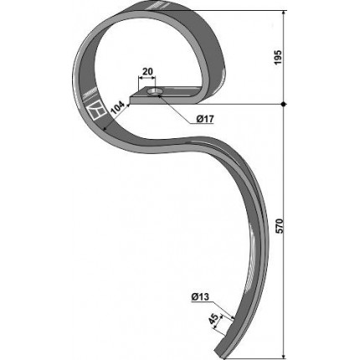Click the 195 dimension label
pos(278,58)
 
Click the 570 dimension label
pos(280,226)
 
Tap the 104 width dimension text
pos(117,108)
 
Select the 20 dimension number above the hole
pos(147,71)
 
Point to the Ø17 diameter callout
pos(205,119)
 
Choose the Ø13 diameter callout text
pos(200,297)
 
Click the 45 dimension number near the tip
pos(213,318)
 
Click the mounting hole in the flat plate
pos(152,91)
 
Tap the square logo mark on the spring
pos(95,111)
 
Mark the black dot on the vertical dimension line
pos(284,105)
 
